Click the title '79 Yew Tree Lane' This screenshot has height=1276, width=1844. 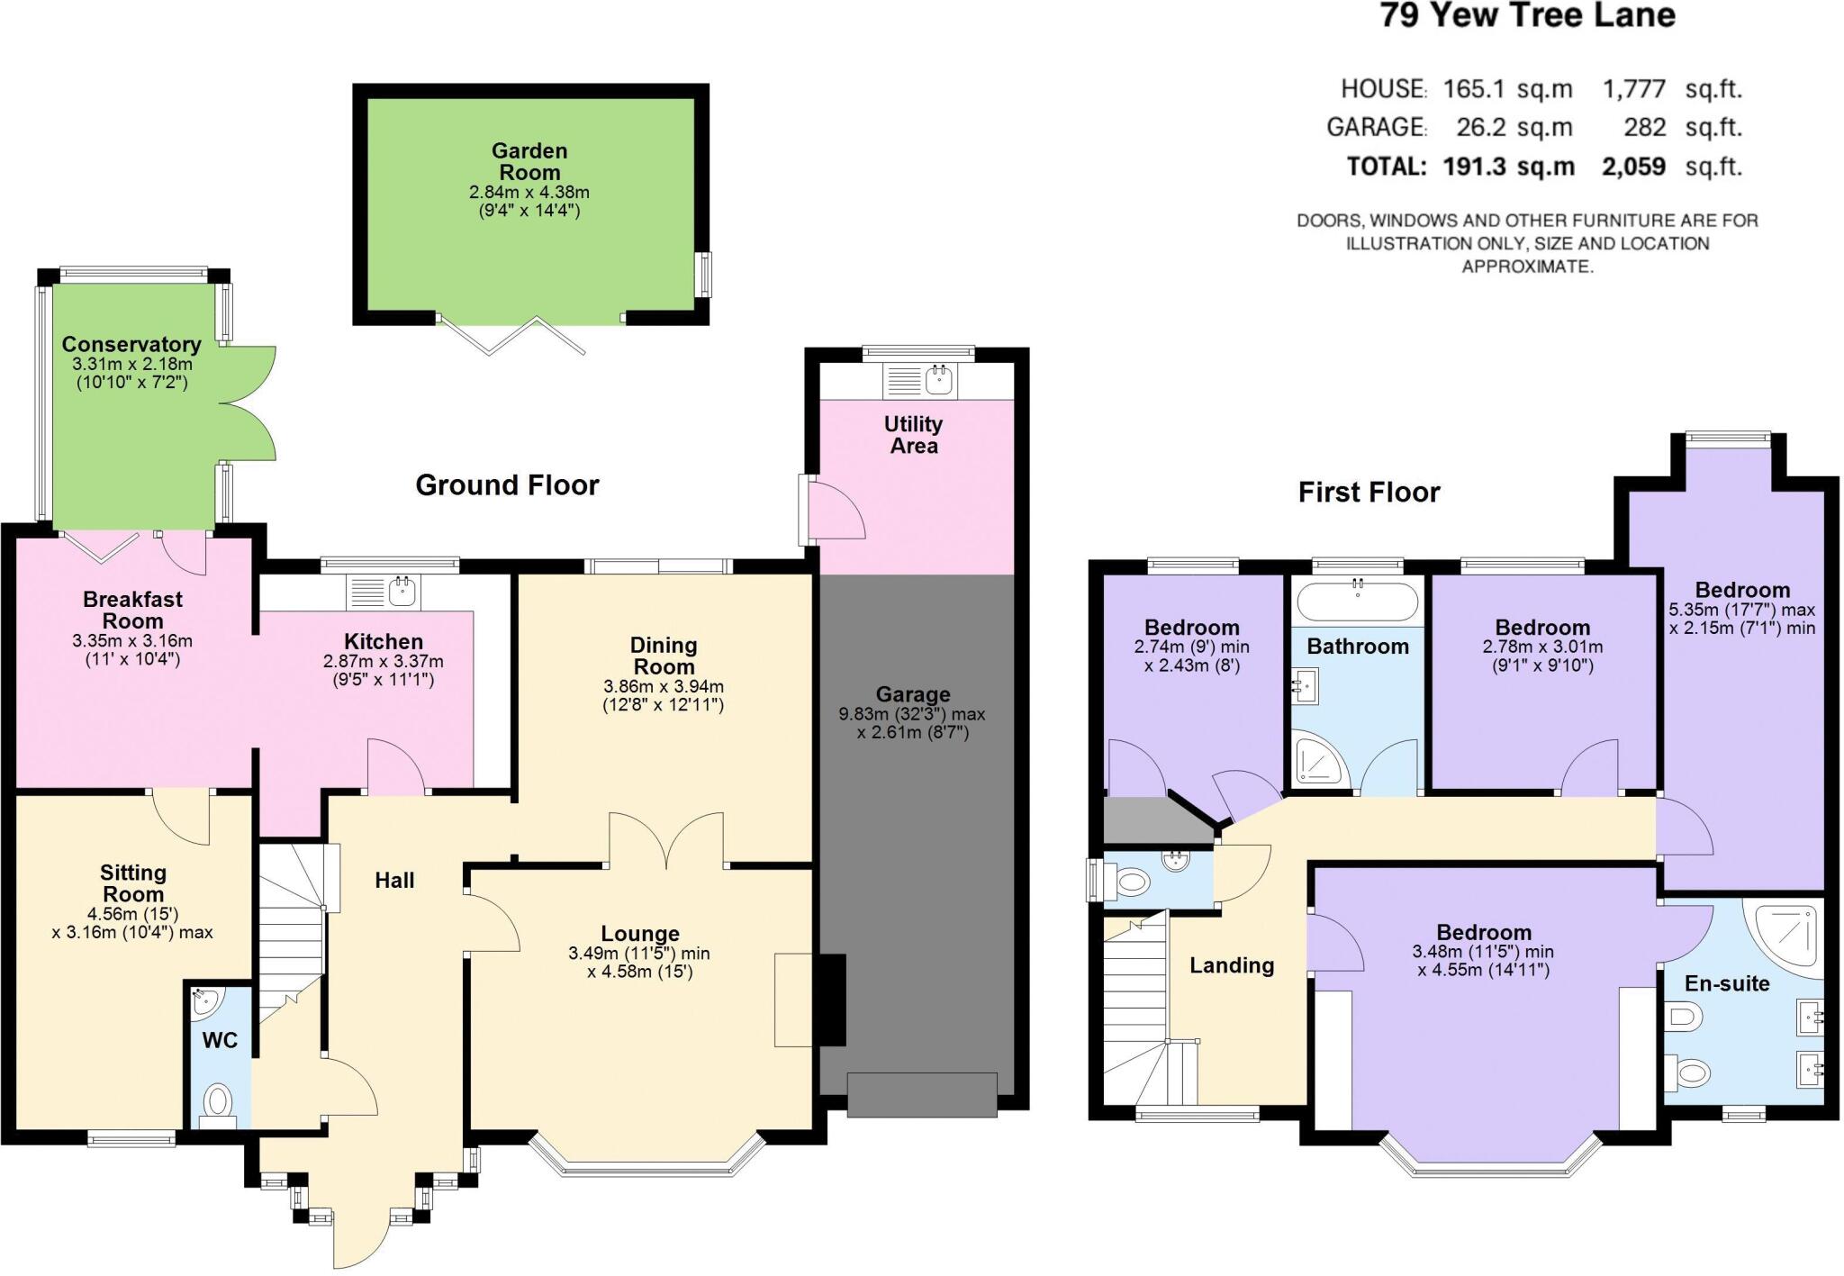pyautogui.click(x=1527, y=16)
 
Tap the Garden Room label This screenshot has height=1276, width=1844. pyautogui.click(x=529, y=162)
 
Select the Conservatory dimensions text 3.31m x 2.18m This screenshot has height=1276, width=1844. pyautogui.click(x=132, y=365)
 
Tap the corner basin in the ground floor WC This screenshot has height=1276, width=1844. pyautogui.click(x=203, y=1001)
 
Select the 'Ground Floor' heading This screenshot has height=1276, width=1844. pyautogui.click(x=507, y=485)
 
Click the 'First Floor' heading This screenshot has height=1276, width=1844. pyautogui.click(x=1369, y=493)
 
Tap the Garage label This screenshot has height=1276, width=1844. pyautogui.click(x=913, y=694)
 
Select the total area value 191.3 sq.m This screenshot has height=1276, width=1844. pyautogui.click(x=1509, y=167)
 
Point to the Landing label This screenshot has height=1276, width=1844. pyautogui.click(x=1232, y=965)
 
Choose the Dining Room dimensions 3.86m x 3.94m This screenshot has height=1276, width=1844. pyautogui.click(x=664, y=686)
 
